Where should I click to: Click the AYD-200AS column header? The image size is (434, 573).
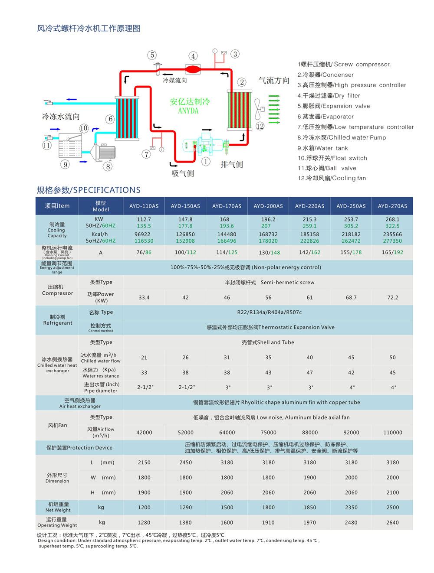(x=268, y=206)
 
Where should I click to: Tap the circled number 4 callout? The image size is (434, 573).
(x=193, y=56)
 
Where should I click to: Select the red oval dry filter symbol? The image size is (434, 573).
(x=193, y=68)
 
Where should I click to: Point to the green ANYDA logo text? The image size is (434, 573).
(x=190, y=106)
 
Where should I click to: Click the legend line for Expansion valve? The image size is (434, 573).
(x=334, y=106)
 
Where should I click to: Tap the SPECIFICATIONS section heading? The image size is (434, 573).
(x=89, y=190)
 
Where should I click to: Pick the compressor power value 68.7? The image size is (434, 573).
(x=351, y=298)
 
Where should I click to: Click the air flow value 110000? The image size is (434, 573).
(x=392, y=433)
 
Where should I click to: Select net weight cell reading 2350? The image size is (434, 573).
(x=351, y=508)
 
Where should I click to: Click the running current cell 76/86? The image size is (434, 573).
(x=144, y=252)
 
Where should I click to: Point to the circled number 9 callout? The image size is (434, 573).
(x=66, y=164)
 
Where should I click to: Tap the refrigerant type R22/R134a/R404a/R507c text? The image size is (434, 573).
(x=269, y=313)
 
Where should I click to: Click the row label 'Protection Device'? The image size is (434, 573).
(x=79, y=448)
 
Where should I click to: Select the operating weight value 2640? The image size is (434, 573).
(x=392, y=523)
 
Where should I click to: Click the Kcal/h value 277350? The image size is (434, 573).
(x=392, y=241)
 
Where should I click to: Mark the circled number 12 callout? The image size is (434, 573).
(x=260, y=126)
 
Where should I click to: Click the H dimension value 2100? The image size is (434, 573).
(x=392, y=493)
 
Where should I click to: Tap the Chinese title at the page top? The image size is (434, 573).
(x=89, y=29)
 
